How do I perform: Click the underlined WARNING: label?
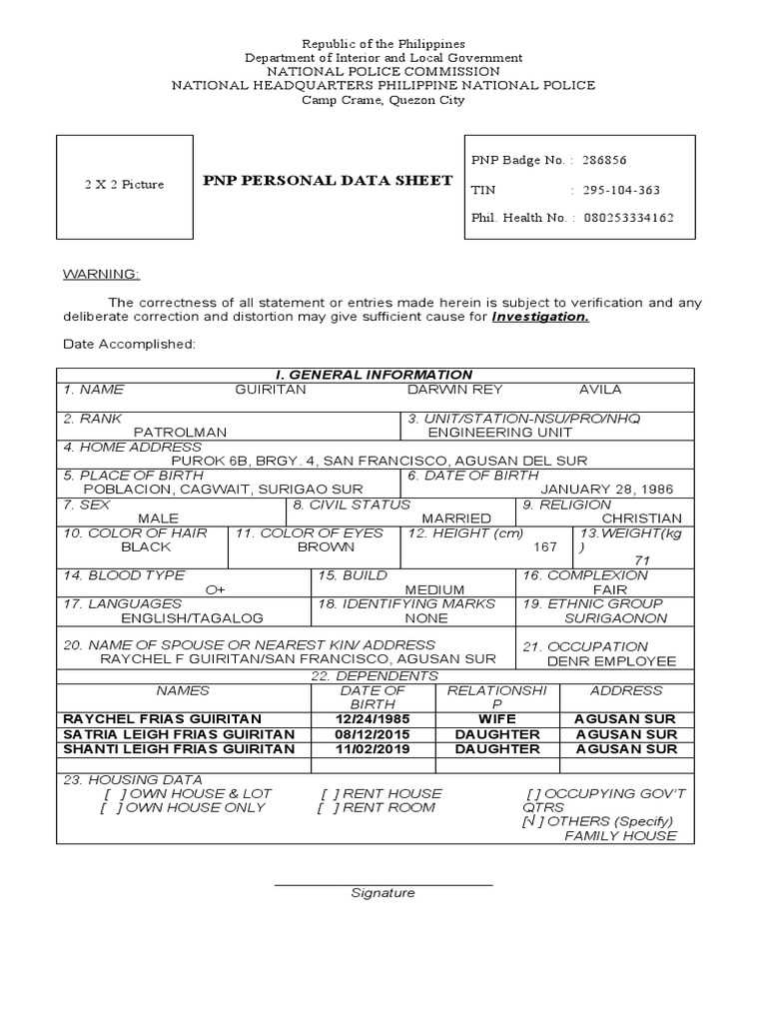pyautogui.click(x=102, y=274)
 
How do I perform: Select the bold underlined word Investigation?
pyautogui.click(x=540, y=317)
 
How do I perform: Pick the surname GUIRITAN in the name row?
pyautogui.click(x=270, y=390)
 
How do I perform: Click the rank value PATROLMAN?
pyautogui.click(x=181, y=432)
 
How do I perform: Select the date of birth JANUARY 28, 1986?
pyautogui.click(x=607, y=489)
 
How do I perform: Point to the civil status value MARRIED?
pyautogui.click(x=456, y=518)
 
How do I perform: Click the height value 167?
pyautogui.click(x=545, y=546)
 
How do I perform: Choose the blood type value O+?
pyautogui.click(x=215, y=589)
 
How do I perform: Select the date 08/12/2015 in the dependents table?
pyautogui.click(x=374, y=734)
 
